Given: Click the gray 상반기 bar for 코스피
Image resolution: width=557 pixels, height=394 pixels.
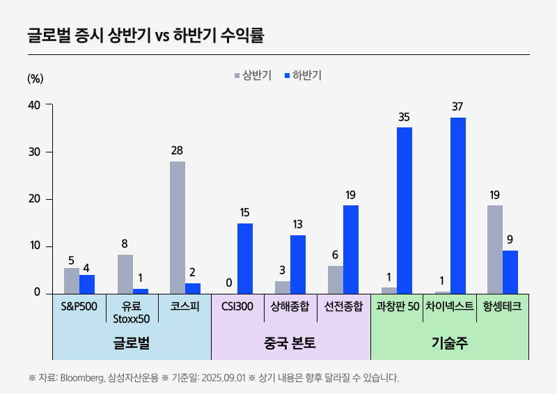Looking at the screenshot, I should (178, 227).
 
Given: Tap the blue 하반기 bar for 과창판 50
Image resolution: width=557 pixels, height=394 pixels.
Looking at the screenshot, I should (405, 210).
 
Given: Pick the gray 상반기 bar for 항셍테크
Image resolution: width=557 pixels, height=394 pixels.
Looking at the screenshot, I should (494, 249).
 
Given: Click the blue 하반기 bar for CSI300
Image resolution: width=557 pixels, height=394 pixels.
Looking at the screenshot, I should (245, 258).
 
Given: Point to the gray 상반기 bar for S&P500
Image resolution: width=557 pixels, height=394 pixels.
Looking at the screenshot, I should (72, 281).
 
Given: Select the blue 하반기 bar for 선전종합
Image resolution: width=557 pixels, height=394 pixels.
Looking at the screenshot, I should (351, 249).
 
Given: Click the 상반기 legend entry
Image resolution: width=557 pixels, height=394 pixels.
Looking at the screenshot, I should (252, 76).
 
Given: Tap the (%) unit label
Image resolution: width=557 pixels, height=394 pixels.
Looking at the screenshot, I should (35, 78).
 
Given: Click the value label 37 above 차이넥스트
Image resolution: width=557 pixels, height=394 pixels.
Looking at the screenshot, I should (457, 107).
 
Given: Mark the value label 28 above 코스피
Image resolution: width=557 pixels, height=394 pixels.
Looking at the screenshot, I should (178, 150).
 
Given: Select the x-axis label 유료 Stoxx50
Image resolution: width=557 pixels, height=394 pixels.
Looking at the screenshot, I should (132, 312).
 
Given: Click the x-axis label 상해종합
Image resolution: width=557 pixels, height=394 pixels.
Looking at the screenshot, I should (290, 306).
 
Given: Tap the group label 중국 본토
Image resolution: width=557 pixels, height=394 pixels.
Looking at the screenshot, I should (290, 342).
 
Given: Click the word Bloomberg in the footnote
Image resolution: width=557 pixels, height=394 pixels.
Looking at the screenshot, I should (82, 378).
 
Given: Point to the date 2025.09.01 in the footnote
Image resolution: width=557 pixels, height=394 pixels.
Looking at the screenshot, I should (222, 378).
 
